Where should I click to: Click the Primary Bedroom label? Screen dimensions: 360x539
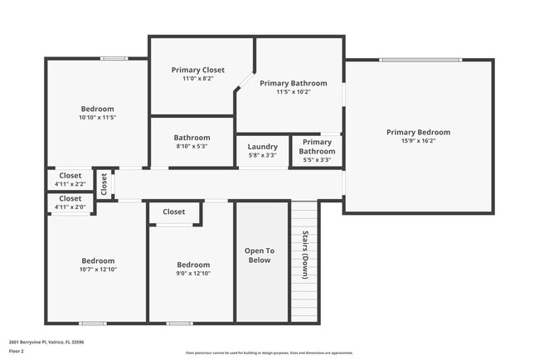pos(418,132)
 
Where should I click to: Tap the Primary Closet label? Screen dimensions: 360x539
pos(197,70)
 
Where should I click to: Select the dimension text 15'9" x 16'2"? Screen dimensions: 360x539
pos(418,142)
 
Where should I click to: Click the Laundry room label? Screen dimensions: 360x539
pos(262,147)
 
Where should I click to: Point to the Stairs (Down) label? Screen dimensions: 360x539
pos(304,255)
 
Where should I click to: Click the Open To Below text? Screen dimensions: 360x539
pos(259,255)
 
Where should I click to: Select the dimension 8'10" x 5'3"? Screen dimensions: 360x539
pos(192,147)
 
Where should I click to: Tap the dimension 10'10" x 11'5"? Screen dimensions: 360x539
pos(97,118)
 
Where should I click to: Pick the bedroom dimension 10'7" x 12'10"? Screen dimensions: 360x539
pos(97,269)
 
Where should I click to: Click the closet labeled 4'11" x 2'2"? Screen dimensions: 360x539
pos(70,184)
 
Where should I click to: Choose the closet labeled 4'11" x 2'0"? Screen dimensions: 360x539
pos(70,207)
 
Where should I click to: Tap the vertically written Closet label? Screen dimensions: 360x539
pos(104,184)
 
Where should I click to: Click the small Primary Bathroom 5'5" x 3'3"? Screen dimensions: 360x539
pos(317,147)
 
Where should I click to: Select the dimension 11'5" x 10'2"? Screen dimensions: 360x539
pos(293,92)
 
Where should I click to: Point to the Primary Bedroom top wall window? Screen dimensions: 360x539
pos(420,60)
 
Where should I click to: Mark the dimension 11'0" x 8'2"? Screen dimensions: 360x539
pos(197,79)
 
